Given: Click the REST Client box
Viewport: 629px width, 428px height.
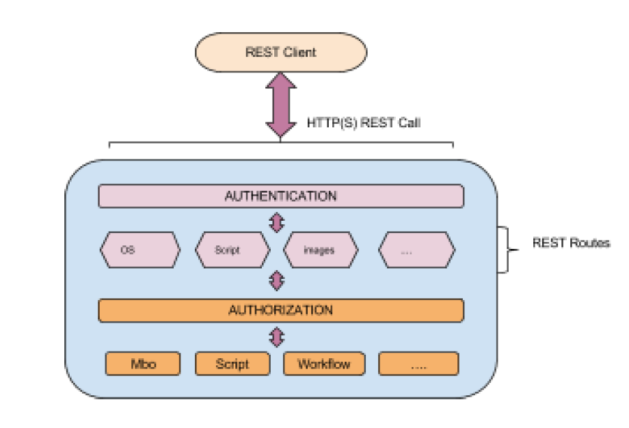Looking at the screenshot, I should pos(281,52).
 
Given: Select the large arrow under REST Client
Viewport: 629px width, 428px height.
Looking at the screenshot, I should pos(281,105).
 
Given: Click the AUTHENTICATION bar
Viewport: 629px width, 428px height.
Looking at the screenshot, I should pos(281,196).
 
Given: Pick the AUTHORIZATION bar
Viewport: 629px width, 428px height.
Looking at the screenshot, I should pos(281,310).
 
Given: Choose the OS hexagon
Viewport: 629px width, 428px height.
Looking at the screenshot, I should pos(140,250).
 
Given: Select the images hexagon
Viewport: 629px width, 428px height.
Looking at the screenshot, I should pos(320,250).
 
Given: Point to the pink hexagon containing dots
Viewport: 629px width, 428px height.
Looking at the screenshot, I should pos(416,250).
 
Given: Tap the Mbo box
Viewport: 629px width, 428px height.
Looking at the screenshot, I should pos(143,364).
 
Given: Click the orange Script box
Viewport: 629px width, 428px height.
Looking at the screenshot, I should pos(232,364).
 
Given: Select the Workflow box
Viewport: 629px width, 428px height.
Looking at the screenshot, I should pos(324,364).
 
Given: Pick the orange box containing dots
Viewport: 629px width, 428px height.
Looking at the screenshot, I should pos(418,364).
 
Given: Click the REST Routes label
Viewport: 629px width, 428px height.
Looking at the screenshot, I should pos(571,243).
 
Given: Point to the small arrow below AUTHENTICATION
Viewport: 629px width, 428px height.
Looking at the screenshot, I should pos(277,222).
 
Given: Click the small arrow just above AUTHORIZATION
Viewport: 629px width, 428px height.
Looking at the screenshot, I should pos(277,280).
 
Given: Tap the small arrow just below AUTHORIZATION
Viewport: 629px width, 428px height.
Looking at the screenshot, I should pos(277,336).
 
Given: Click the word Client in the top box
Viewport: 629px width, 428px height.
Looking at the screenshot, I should pos(301,52).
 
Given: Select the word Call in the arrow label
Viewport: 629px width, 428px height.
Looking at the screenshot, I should pos(407,124).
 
